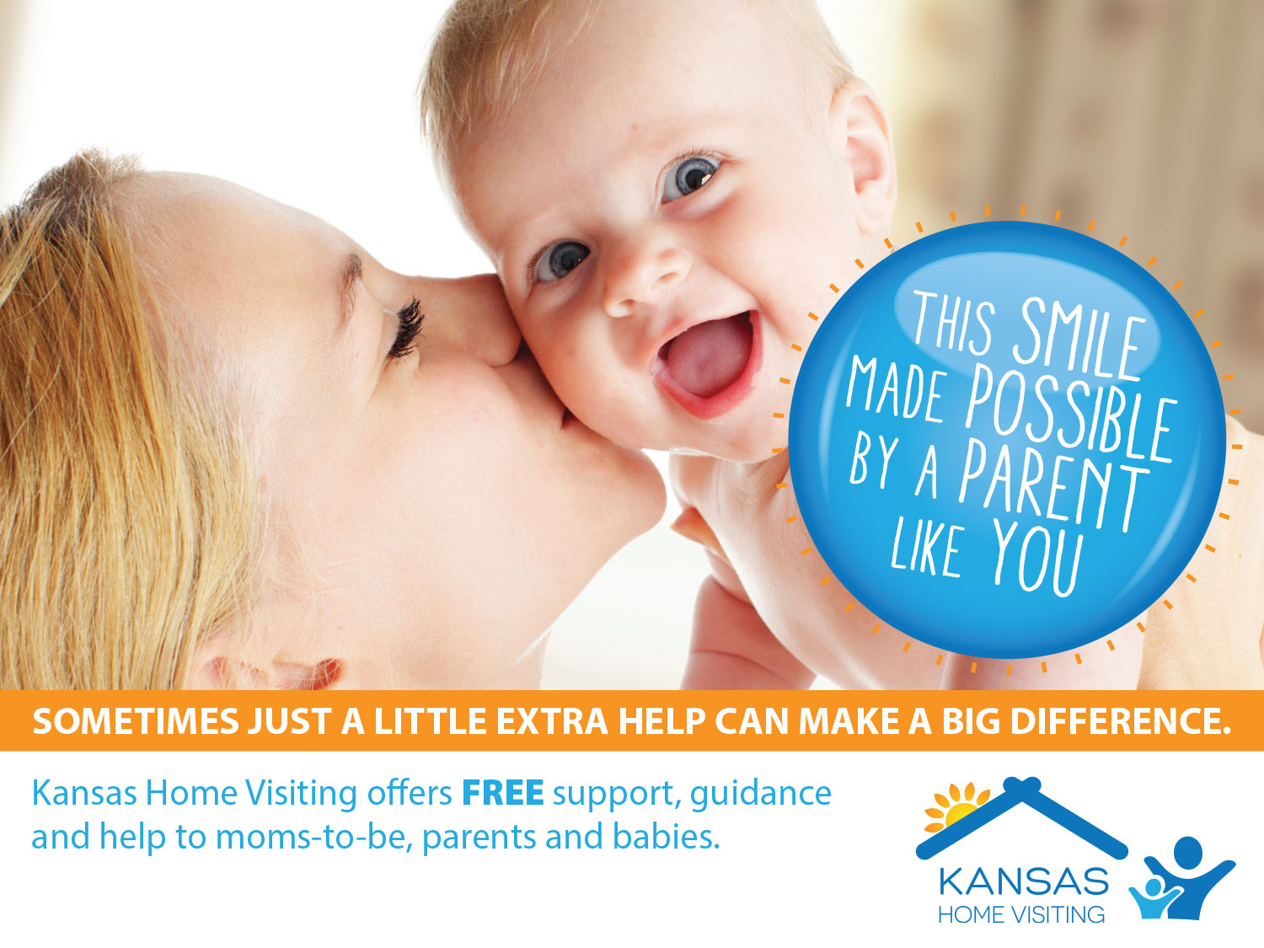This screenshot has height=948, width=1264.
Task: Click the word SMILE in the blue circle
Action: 1076,339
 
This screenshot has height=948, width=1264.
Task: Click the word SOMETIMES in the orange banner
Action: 136,720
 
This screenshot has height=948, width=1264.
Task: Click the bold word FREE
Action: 503,793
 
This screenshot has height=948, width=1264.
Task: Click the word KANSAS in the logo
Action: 1023,881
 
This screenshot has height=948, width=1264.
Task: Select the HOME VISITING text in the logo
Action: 1021,914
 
